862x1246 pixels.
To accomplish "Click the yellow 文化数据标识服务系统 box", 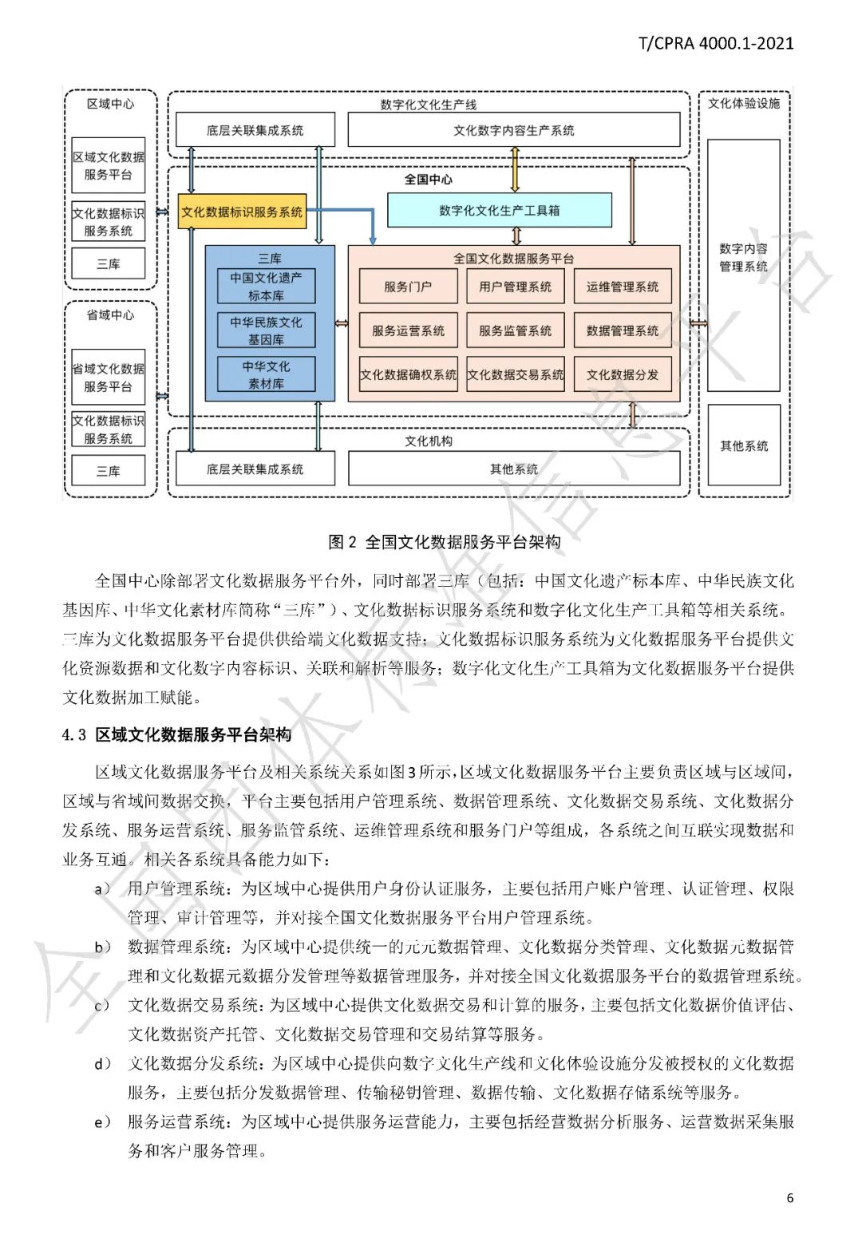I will pos(242,212).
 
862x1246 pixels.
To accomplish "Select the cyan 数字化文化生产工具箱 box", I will pos(500,211).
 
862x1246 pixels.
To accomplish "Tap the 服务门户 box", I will pos(408,287).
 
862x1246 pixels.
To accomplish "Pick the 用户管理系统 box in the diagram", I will pos(516,287).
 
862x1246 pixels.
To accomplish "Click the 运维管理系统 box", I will pos(623,287).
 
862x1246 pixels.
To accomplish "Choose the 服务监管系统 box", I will pos(516,330).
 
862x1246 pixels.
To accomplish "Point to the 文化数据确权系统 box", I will pos(408,374).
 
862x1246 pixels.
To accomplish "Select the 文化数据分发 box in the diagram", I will pos(623,374).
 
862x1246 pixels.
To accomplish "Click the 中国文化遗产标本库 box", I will pos(267,287).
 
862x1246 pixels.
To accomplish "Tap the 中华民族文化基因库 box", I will pos(267,330).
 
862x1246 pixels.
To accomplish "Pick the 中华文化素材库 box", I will pos(267,374).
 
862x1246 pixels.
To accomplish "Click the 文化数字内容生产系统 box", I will pos(514,130).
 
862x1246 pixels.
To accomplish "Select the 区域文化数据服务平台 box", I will pos(109,166).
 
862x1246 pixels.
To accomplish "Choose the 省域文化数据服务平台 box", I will pos(109,378).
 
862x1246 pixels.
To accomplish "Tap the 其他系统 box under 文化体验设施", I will pos(744,446).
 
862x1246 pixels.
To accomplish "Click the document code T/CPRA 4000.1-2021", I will pos(716,43).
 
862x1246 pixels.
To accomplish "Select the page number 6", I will pos(790,1197).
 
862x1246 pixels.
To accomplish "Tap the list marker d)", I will pos(103,1063).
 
